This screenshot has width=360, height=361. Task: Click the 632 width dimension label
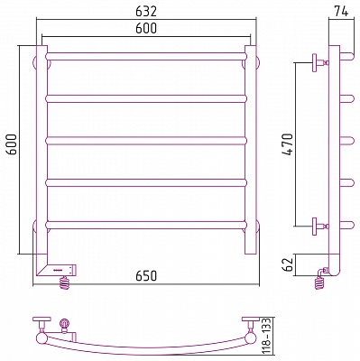click(x=146, y=12)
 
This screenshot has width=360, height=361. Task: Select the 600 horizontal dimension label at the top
click(x=146, y=28)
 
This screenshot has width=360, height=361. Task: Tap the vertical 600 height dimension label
click(x=12, y=144)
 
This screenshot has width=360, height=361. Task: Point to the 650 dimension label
click(x=146, y=275)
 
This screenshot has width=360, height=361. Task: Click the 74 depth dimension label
click(x=341, y=12)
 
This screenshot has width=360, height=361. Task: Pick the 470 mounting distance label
click(x=287, y=144)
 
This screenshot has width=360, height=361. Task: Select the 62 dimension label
click(x=289, y=264)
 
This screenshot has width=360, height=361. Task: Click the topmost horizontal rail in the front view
click(x=146, y=56)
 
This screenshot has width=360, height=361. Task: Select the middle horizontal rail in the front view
click(x=146, y=141)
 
